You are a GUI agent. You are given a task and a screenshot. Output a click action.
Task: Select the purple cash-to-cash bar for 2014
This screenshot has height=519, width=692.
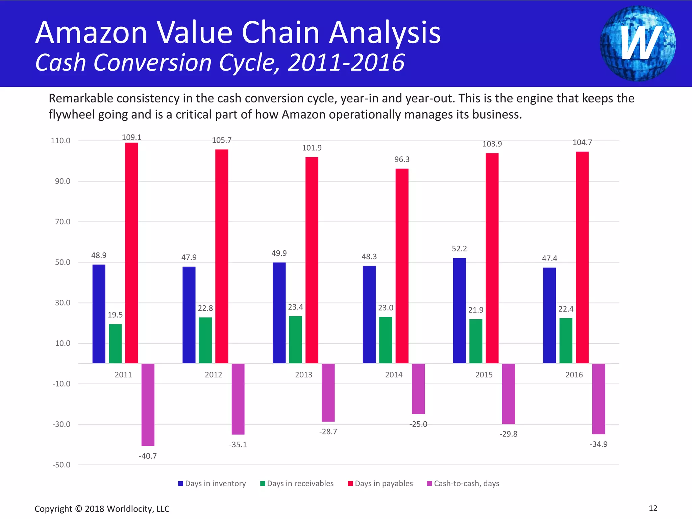point(418,389)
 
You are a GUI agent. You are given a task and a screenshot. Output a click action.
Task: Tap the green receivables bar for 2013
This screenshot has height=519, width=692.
point(295,340)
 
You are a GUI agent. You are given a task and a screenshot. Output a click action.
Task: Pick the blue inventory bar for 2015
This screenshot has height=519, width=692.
point(459,311)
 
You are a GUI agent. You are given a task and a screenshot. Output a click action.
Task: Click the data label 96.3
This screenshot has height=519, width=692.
point(402,159)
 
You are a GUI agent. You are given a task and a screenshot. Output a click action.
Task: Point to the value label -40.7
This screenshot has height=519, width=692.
point(148,456)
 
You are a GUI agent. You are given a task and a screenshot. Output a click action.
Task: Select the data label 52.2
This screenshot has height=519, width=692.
point(459,249)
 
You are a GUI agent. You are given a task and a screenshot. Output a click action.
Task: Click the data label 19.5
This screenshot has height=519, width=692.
point(115,315)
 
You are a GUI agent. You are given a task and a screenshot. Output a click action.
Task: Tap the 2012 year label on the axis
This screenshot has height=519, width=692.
point(213,375)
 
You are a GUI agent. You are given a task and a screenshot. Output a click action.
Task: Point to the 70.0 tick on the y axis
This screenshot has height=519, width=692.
point(63,222)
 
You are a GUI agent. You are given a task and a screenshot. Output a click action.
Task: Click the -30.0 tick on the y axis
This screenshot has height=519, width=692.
point(61,424)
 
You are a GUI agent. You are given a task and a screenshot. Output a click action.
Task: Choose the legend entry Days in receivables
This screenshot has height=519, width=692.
point(297,484)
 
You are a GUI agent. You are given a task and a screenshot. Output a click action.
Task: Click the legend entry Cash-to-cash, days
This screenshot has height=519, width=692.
point(463,484)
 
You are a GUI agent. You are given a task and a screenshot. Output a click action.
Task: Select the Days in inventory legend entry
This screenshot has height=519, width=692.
point(212,484)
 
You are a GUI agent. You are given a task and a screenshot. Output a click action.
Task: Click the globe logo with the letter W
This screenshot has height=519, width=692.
point(638,43)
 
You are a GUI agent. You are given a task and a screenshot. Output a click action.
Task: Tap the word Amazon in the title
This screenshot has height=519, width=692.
point(91,33)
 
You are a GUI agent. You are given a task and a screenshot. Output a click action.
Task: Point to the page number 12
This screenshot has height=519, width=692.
point(653,508)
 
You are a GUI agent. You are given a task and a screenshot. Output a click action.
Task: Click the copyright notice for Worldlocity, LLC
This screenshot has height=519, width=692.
point(102,509)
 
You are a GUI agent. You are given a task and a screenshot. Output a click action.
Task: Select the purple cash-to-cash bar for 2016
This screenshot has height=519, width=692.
point(598,399)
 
